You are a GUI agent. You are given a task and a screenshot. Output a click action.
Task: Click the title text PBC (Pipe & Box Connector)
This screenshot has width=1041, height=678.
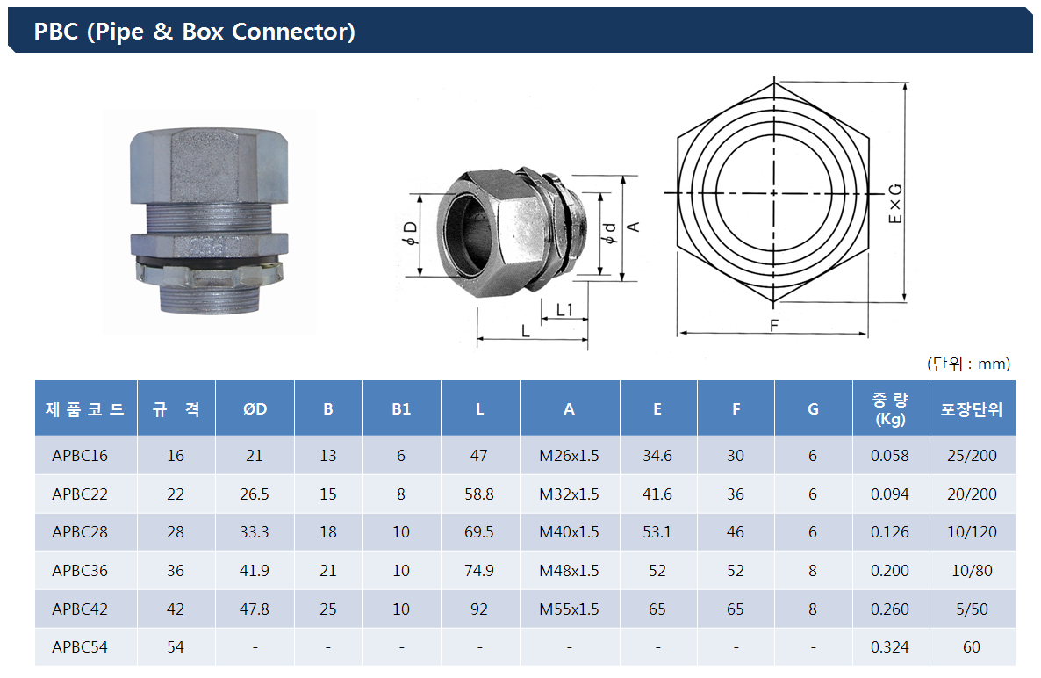(195, 32)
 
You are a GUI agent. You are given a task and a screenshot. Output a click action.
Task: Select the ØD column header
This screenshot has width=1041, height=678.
(255, 409)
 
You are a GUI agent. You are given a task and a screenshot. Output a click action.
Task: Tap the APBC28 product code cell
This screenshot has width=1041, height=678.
(80, 532)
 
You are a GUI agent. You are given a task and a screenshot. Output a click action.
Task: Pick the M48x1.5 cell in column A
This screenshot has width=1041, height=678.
(569, 571)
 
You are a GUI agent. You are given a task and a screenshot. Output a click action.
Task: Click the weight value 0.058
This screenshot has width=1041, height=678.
(890, 456)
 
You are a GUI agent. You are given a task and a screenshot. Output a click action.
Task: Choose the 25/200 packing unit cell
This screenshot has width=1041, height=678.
(972, 456)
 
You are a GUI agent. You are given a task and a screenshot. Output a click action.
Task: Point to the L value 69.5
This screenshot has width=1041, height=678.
(479, 532)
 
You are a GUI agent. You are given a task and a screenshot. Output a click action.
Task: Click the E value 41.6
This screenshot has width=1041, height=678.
(657, 494)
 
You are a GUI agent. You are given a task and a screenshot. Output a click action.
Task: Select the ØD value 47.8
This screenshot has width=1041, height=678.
(255, 609)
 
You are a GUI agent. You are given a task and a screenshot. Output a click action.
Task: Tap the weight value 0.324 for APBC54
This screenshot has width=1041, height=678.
(890, 646)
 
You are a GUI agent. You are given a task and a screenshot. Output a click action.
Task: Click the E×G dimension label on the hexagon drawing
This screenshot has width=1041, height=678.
(895, 203)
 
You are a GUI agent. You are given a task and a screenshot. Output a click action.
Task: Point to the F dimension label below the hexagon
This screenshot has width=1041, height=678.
(774, 325)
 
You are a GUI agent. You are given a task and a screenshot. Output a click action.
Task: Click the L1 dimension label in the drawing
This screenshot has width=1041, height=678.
(564, 309)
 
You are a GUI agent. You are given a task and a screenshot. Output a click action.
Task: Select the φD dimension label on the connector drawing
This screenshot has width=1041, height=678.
(411, 233)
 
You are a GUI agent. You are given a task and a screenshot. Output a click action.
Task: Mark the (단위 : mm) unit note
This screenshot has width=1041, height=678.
(969, 364)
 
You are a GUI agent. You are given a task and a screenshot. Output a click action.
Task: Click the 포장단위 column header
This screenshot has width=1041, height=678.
(972, 409)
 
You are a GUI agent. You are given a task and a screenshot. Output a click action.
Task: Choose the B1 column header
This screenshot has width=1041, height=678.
(401, 409)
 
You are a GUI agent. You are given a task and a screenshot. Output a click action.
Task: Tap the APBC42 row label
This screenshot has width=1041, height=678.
(80, 609)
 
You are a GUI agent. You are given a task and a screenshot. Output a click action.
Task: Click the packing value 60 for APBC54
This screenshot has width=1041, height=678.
(972, 646)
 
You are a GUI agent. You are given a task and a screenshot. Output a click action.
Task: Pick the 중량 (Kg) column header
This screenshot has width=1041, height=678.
(890, 409)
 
